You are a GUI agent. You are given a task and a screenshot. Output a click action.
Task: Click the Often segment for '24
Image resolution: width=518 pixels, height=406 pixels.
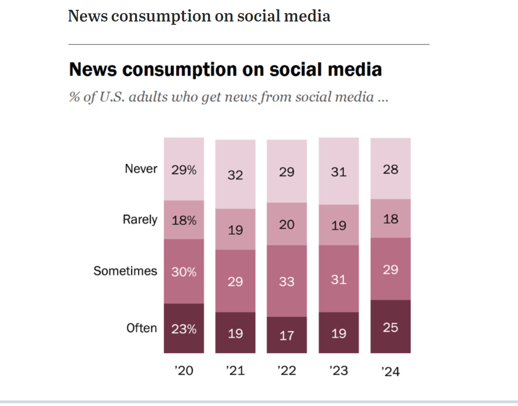click(390, 327)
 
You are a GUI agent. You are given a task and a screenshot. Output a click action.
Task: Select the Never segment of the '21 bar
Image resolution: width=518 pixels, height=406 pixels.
click(235, 174)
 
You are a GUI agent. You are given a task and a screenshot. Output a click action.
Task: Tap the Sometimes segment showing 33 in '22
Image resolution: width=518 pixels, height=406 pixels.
click(287, 281)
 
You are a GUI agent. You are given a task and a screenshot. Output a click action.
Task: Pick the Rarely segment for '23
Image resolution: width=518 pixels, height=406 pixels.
click(338, 225)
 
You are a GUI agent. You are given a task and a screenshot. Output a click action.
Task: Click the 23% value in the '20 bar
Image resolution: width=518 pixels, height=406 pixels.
click(183, 329)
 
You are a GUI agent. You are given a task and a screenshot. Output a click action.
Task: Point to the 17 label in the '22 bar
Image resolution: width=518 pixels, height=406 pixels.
click(287, 335)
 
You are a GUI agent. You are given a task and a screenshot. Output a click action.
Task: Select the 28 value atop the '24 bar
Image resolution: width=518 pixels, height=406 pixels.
click(390, 169)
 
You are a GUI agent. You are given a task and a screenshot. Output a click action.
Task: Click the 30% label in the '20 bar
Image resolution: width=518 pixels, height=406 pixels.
click(183, 271)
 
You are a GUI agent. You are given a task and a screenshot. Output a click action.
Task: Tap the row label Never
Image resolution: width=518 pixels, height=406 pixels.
click(141, 169)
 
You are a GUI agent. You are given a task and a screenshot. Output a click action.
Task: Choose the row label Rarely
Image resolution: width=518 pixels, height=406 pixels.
click(140, 220)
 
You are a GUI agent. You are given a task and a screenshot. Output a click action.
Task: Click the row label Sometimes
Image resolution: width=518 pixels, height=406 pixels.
click(125, 271)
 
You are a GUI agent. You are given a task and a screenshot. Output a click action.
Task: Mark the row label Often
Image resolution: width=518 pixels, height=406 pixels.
click(141, 328)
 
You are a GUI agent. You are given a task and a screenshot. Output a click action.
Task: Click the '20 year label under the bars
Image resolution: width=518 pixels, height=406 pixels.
click(183, 370)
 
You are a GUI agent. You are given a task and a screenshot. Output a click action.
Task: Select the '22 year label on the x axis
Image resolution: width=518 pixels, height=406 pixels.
click(287, 370)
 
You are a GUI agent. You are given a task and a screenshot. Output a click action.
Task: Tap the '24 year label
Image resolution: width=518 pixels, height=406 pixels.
click(390, 371)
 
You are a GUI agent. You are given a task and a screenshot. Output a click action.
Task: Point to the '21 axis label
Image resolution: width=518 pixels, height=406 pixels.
click(235, 370)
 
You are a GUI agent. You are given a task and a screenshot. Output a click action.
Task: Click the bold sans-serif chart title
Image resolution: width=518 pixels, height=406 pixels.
click(225, 70)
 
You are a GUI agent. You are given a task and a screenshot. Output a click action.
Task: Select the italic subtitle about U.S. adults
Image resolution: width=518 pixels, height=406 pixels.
click(228, 97)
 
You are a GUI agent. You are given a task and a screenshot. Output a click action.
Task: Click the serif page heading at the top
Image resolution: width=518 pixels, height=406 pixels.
click(199, 16)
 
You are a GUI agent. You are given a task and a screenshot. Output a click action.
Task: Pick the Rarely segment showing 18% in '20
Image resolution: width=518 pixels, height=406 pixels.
click(183, 220)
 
